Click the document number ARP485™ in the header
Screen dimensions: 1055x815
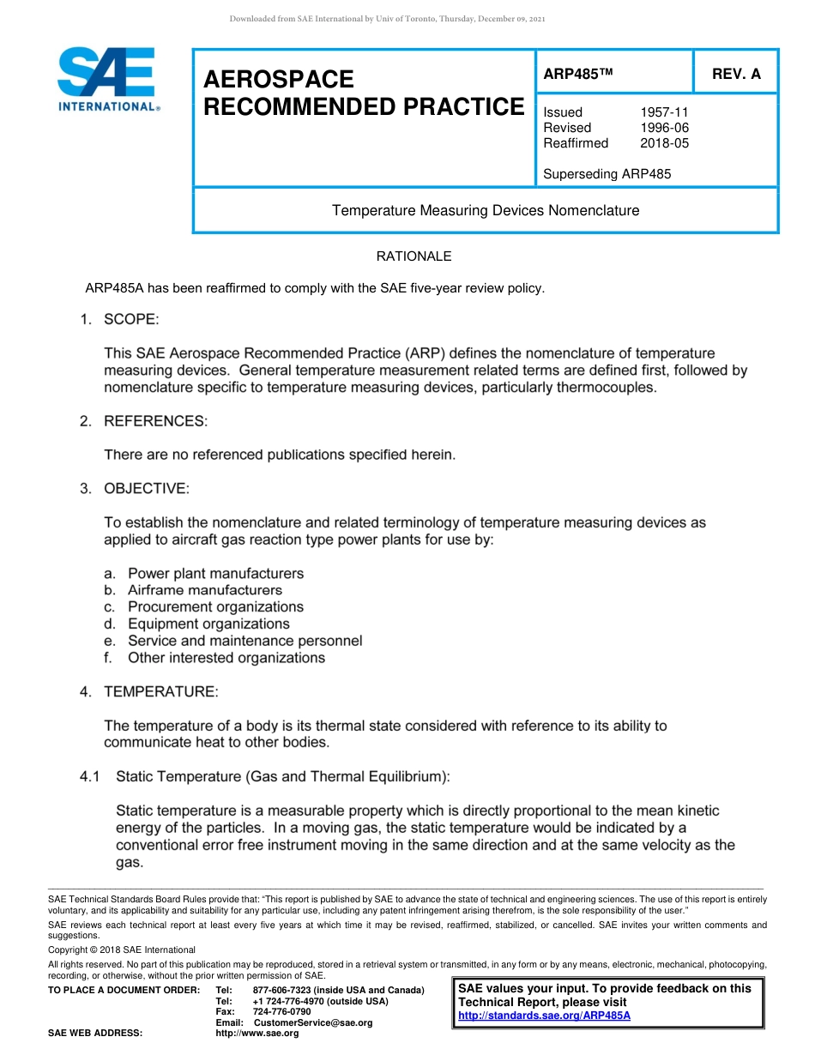click(578, 74)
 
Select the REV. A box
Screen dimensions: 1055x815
click(736, 74)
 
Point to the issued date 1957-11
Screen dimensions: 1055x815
click(664, 112)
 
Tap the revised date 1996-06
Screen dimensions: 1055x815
click(664, 128)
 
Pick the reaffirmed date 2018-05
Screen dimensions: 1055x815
click(664, 143)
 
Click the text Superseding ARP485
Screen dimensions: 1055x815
click(607, 174)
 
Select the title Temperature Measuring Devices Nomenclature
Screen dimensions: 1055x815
click(486, 210)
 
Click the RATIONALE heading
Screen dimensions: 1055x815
click(414, 256)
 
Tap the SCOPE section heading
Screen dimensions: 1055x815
click(131, 320)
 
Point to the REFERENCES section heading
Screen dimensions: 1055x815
click(155, 421)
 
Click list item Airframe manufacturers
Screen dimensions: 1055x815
click(205, 590)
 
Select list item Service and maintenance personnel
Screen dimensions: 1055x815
click(244, 641)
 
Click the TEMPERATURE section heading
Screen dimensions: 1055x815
click(160, 691)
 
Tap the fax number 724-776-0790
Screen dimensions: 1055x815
click(281, 1012)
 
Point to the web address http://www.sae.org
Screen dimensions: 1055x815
click(257, 1034)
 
